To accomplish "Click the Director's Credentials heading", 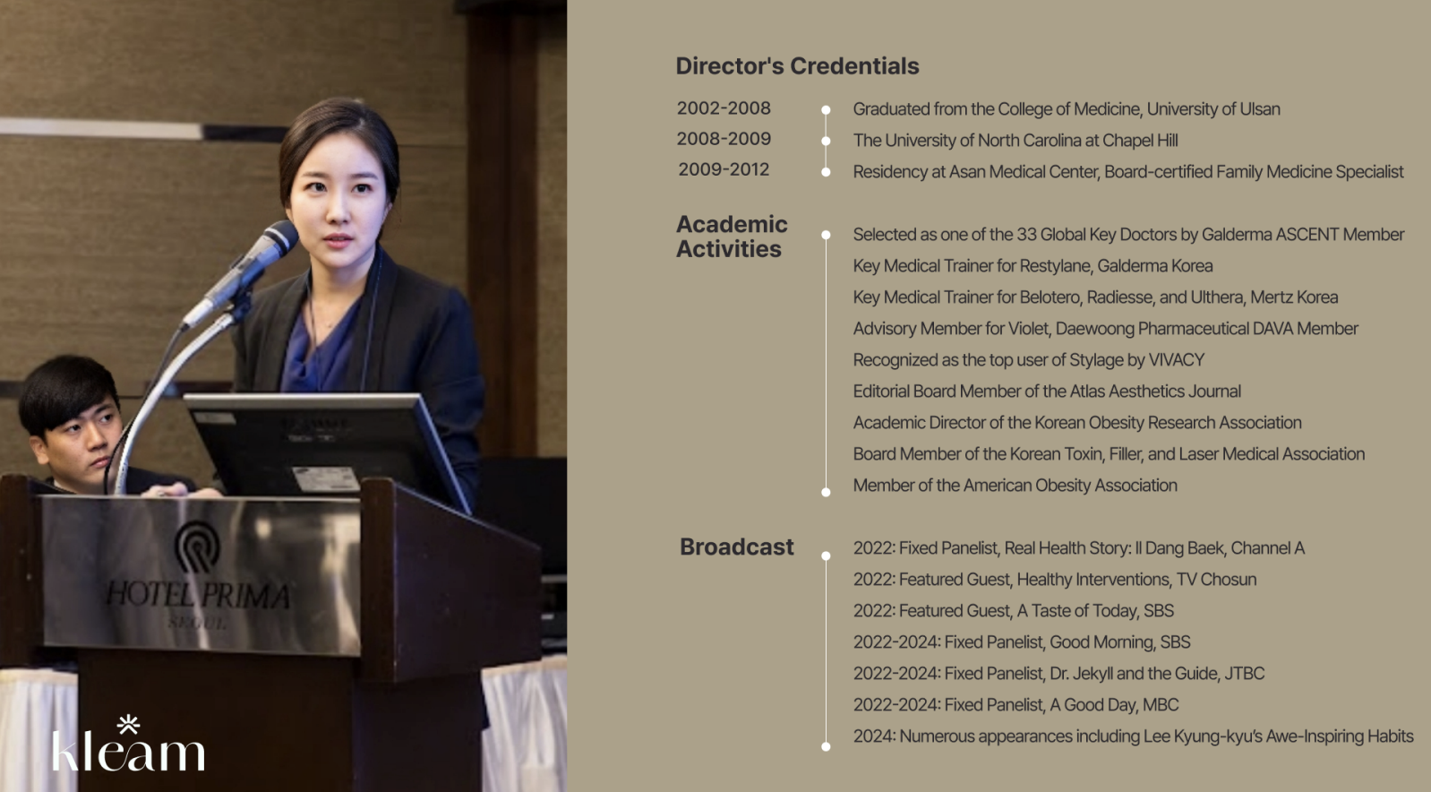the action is coord(797,65).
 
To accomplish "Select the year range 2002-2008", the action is coord(724,108).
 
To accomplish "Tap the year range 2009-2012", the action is coord(724,169).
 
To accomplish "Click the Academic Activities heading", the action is coord(732,237).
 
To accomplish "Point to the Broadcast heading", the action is coord(737,547).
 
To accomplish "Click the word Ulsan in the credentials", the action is coord(1259,109).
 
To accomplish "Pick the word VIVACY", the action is coord(1176,360).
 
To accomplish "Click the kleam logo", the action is coord(128,744).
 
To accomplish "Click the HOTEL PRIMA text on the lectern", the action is coord(198,594).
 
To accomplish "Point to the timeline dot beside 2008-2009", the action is coord(826,141).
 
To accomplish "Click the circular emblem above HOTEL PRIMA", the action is coord(197,547).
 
